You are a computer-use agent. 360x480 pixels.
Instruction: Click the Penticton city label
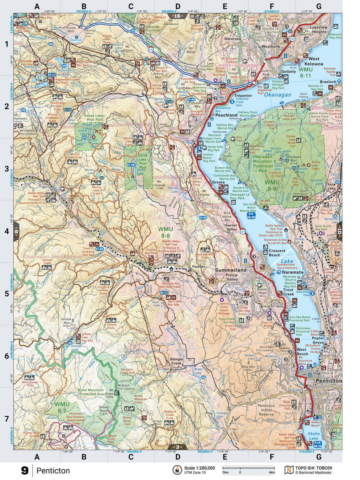pyautogui.click(x=329, y=381)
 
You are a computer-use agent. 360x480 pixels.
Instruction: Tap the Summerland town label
pyautogui.click(x=230, y=270)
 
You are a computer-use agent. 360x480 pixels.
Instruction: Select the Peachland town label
pyautogui.click(x=226, y=115)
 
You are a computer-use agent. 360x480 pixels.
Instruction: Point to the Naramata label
pyautogui.click(x=292, y=272)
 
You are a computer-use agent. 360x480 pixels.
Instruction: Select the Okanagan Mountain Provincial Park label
pyautogui.click(x=263, y=163)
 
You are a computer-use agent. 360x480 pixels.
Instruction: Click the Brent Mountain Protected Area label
pyautogui.click(x=90, y=392)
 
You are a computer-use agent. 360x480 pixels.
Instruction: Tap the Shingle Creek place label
pyautogui.click(x=176, y=361)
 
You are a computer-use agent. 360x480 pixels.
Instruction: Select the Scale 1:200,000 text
pyautogui.click(x=199, y=468)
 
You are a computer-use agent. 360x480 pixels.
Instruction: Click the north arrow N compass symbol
pyautogui.click(x=177, y=470)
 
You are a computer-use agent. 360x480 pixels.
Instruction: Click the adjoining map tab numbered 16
pyautogui.click(x=177, y=16)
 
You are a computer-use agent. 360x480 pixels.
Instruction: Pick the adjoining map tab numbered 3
pyautogui.click(x=177, y=447)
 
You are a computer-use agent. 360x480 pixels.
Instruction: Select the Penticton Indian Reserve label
pyautogui.click(x=266, y=410)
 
